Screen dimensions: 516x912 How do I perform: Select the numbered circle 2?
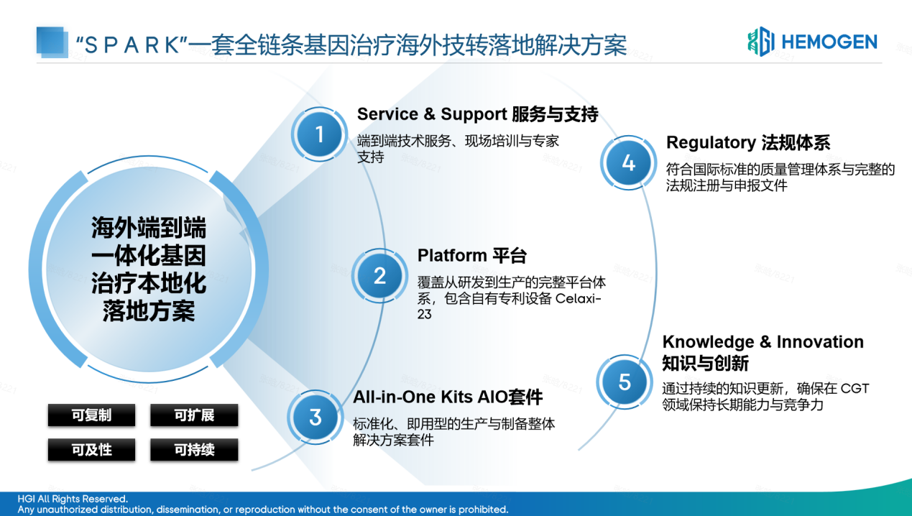click(380, 276)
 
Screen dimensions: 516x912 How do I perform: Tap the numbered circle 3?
click(315, 418)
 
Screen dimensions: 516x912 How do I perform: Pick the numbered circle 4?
click(628, 163)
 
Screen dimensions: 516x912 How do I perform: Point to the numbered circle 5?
click(625, 382)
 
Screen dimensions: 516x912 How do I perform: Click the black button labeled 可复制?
click(91, 415)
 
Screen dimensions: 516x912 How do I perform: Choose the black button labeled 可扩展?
click(194, 415)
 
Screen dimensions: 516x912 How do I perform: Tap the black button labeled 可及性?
click(91, 450)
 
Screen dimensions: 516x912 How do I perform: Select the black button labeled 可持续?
click(194, 450)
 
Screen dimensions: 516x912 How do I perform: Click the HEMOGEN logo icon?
click(760, 42)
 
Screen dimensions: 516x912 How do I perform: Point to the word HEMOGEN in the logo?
click(829, 42)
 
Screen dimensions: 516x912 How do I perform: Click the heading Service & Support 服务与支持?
click(477, 114)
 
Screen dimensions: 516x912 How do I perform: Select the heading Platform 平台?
click(471, 256)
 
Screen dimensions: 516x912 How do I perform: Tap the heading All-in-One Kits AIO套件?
click(447, 397)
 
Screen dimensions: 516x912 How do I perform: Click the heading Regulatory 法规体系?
click(748, 142)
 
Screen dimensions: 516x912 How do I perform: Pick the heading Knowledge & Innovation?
click(763, 342)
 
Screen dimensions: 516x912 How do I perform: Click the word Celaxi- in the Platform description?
click(579, 298)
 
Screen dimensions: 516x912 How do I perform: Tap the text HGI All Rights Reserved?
click(73, 499)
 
